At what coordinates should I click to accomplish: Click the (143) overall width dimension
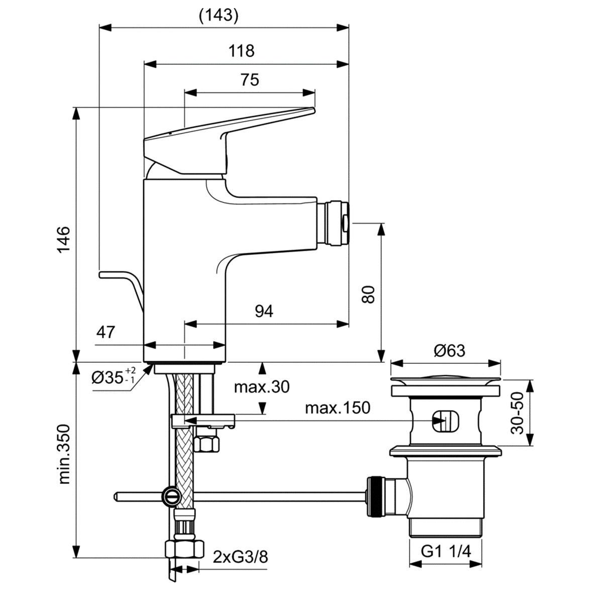219,15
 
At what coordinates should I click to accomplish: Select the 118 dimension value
242,51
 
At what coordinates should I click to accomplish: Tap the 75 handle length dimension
249,79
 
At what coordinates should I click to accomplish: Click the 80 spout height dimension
368,294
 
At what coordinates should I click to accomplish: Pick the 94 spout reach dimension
264,311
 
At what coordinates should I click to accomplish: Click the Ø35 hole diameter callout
114,376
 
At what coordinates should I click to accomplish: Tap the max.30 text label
261,387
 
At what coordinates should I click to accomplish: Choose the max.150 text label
337,407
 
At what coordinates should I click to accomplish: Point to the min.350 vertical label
63,454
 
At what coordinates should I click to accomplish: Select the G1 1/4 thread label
446,552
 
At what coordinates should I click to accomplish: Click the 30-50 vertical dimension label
517,412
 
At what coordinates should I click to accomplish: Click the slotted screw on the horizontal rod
170,497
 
